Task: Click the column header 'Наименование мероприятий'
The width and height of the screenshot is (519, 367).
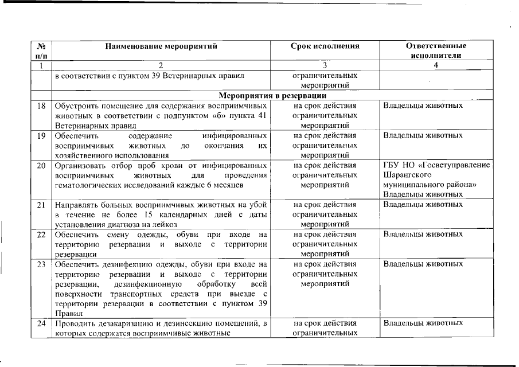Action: click(161, 46)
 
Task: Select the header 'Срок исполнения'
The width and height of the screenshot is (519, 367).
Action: click(325, 46)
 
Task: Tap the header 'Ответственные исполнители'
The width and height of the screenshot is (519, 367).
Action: click(436, 50)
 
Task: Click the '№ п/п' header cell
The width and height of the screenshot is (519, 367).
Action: click(41, 50)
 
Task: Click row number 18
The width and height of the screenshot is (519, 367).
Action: click(41, 106)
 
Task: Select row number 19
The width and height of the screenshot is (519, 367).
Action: click(41, 136)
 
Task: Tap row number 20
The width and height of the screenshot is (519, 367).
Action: click(41, 166)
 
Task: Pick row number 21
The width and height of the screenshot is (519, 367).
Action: click(41, 205)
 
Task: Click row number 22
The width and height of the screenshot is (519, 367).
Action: click(41, 235)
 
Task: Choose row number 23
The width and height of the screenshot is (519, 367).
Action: click(41, 264)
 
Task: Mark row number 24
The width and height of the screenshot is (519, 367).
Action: click(41, 324)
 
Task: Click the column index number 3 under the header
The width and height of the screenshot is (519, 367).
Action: click(325, 65)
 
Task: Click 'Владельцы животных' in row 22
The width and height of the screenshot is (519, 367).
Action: click(423, 235)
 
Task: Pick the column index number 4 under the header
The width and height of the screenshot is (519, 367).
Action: click(436, 65)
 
